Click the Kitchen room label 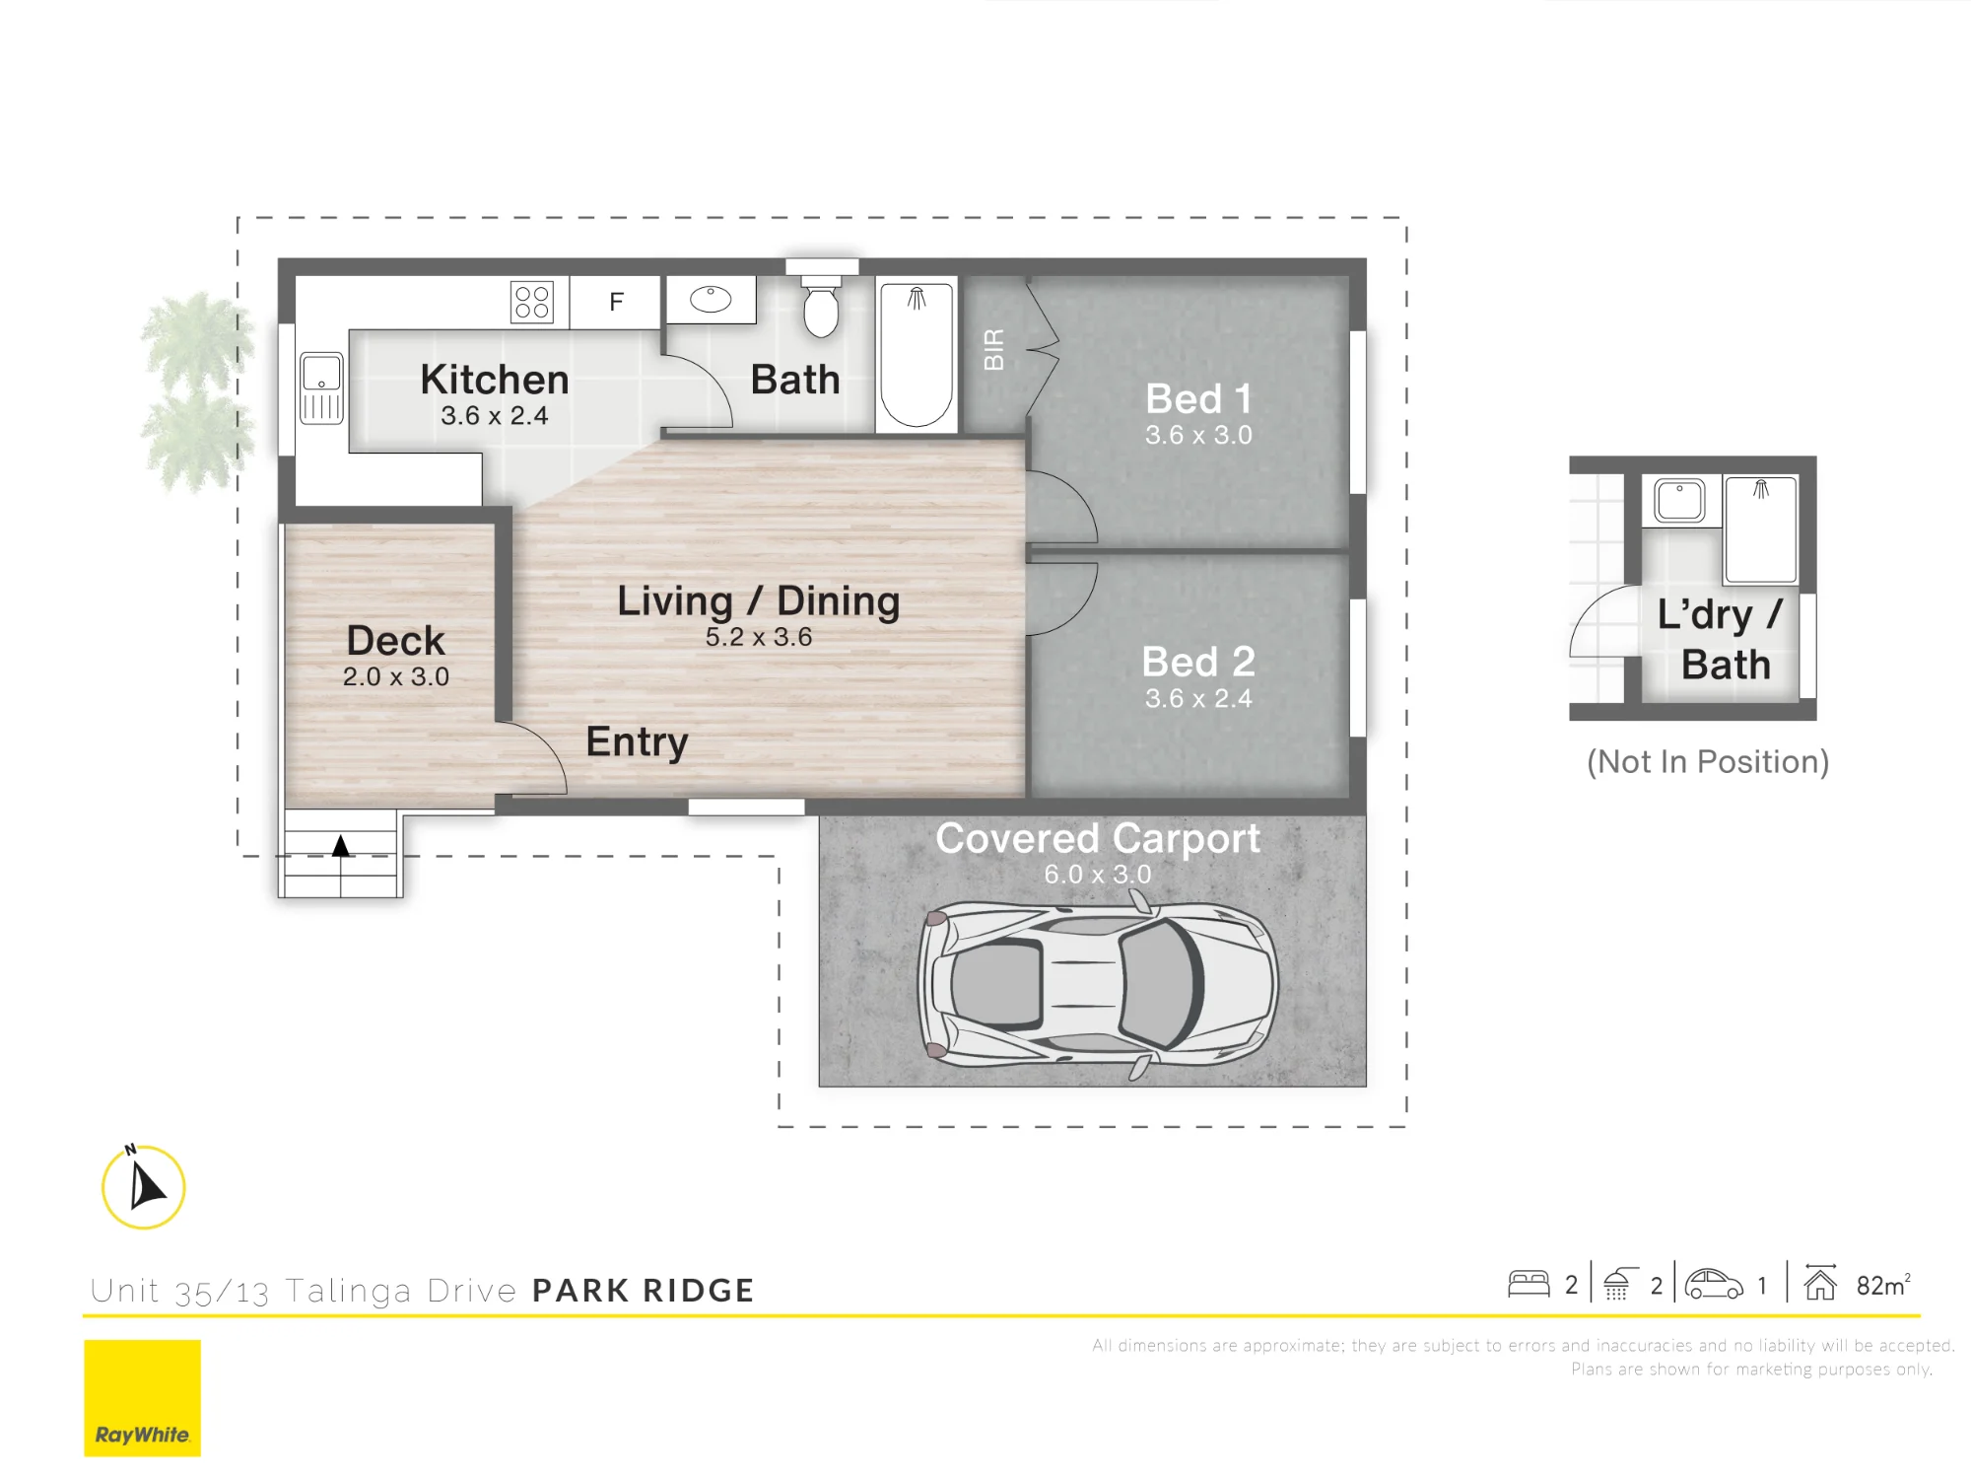click(x=495, y=380)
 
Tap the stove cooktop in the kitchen click(x=532, y=303)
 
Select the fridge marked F click(x=616, y=302)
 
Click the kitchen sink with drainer click(x=321, y=388)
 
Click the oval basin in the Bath click(x=711, y=299)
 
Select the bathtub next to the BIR click(x=917, y=355)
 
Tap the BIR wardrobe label click(x=994, y=350)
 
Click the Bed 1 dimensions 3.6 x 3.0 click(x=1198, y=435)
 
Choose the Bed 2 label click(x=1198, y=662)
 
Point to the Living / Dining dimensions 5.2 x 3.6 click(x=759, y=637)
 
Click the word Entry click(x=637, y=742)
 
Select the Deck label click(x=396, y=641)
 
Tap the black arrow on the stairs click(x=340, y=846)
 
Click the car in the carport click(x=1098, y=985)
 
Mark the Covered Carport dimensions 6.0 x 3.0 click(x=1098, y=875)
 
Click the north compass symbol click(x=144, y=1186)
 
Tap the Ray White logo click(x=142, y=1398)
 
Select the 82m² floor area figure click(x=1883, y=1285)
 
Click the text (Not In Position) click(x=1708, y=762)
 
